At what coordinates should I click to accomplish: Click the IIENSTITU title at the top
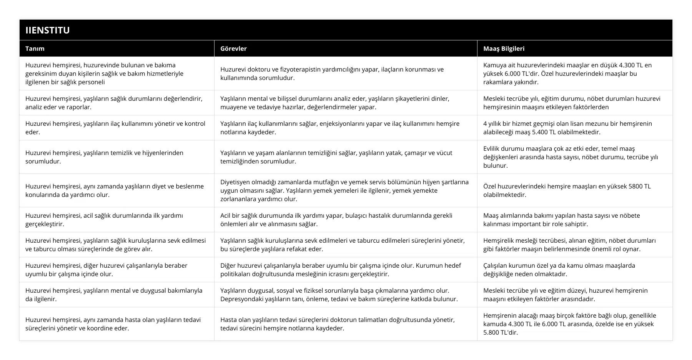[48, 30]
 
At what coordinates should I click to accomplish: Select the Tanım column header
[35, 48]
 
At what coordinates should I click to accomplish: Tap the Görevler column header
[233, 48]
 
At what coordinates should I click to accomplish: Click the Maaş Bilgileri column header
[504, 48]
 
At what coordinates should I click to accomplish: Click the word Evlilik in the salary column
[493, 149]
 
